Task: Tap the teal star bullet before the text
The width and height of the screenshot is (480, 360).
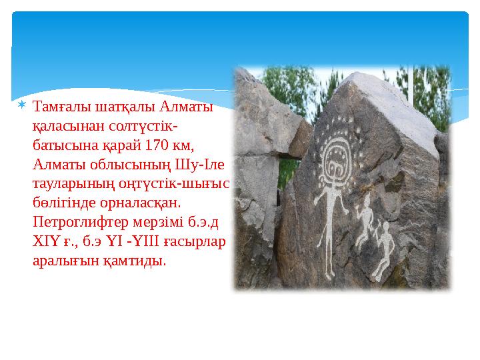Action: point(22,106)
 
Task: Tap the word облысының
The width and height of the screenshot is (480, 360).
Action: point(135,164)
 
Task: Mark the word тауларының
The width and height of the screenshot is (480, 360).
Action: point(70,183)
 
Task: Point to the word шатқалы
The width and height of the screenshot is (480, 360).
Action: point(123,107)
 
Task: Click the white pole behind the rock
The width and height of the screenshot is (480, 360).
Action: point(409,84)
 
